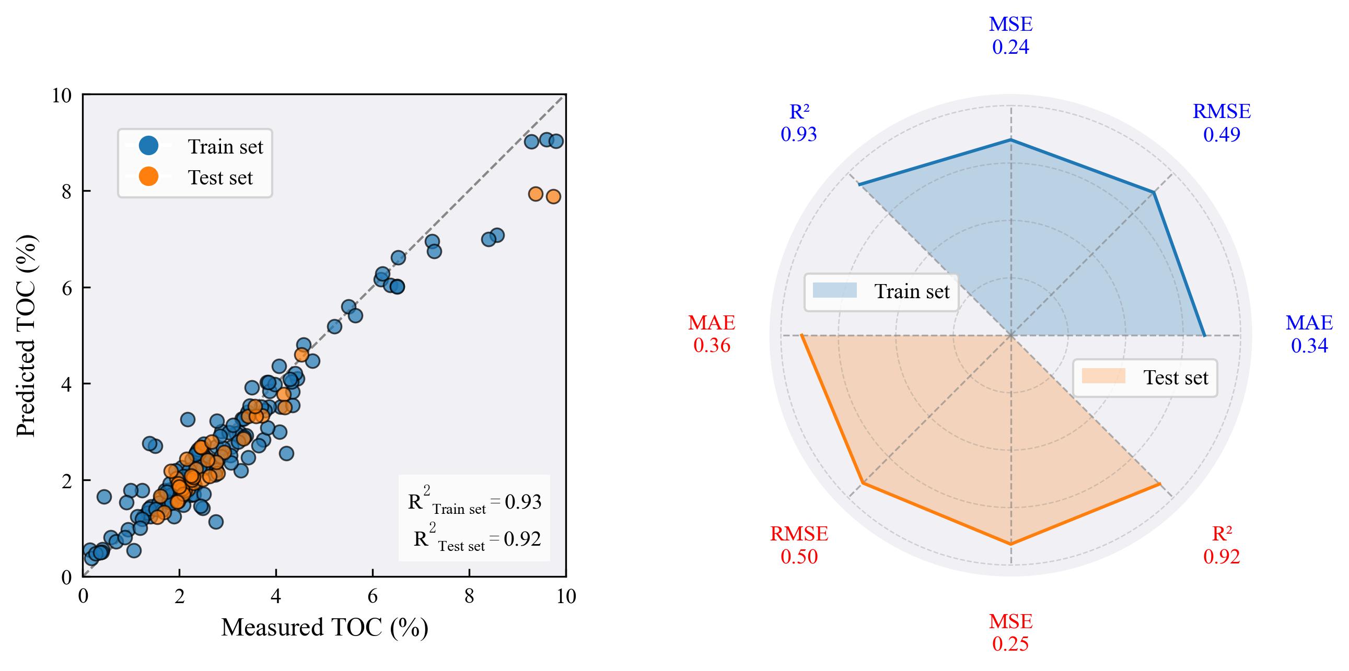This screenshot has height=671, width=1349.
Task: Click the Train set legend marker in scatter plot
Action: click(149, 146)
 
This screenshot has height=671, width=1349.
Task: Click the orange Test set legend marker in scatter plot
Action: click(149, 177)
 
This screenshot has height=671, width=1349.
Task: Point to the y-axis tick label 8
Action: click(66, 192)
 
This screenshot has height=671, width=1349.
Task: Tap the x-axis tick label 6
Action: click(373, 596)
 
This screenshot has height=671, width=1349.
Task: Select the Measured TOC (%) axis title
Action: click(324, 627)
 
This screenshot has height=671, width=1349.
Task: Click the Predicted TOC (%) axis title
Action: click(26, 335)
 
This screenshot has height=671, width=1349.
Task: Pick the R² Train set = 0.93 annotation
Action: click(474, 501)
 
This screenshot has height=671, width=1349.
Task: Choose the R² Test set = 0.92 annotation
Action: click(476, 538)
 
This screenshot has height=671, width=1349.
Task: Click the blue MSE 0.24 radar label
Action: click(1010, 36)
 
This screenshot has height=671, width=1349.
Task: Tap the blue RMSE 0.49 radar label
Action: click(1221, 123)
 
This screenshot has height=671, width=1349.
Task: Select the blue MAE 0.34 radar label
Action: click(1309, 334)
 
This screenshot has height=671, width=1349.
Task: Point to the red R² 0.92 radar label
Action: click(1221, 545)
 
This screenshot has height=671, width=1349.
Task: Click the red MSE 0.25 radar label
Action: click(1010, 632)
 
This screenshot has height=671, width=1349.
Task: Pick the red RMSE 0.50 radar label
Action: click(799, 545)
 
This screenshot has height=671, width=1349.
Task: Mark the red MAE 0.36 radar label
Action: click(712, 334)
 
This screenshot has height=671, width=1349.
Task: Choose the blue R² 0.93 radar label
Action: click(799, 123)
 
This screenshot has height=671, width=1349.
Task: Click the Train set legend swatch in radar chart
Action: click(835, 290)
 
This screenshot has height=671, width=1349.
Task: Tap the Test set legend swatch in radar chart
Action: click(1103, 376)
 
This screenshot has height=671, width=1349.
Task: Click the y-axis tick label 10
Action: click(61, 95)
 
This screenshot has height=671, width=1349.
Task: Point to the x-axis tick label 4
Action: click(276, 596)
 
